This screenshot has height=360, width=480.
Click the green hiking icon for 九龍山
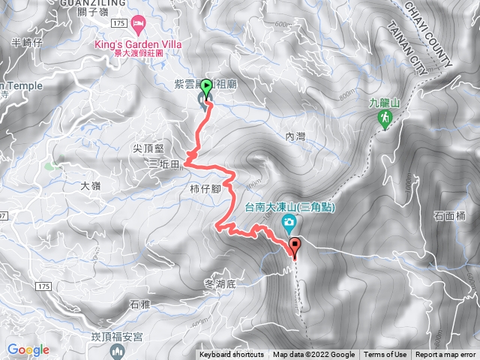[385, 119]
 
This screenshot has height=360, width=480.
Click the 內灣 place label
[297, 137]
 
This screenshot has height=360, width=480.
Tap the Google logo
[28, 349]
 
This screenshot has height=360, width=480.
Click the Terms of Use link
[385, 355]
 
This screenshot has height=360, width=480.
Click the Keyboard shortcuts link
[231, 355]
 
